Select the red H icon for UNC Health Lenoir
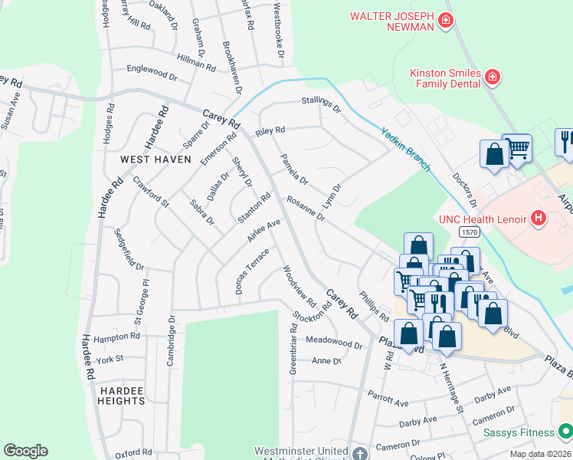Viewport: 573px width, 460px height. pyautogui.click(x=539, y=219)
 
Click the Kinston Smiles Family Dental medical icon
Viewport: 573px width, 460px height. pyautogui.click(x=492, y=76)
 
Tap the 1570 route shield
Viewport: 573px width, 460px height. pyautogui.click(x=470, y=231)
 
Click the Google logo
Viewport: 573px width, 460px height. pyautogui.click(x=25, y=451)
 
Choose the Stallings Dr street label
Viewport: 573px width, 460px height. pyautogui.click(x=320, y=104)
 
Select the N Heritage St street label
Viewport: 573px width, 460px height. pyautogui.click(x=451, y=388)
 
